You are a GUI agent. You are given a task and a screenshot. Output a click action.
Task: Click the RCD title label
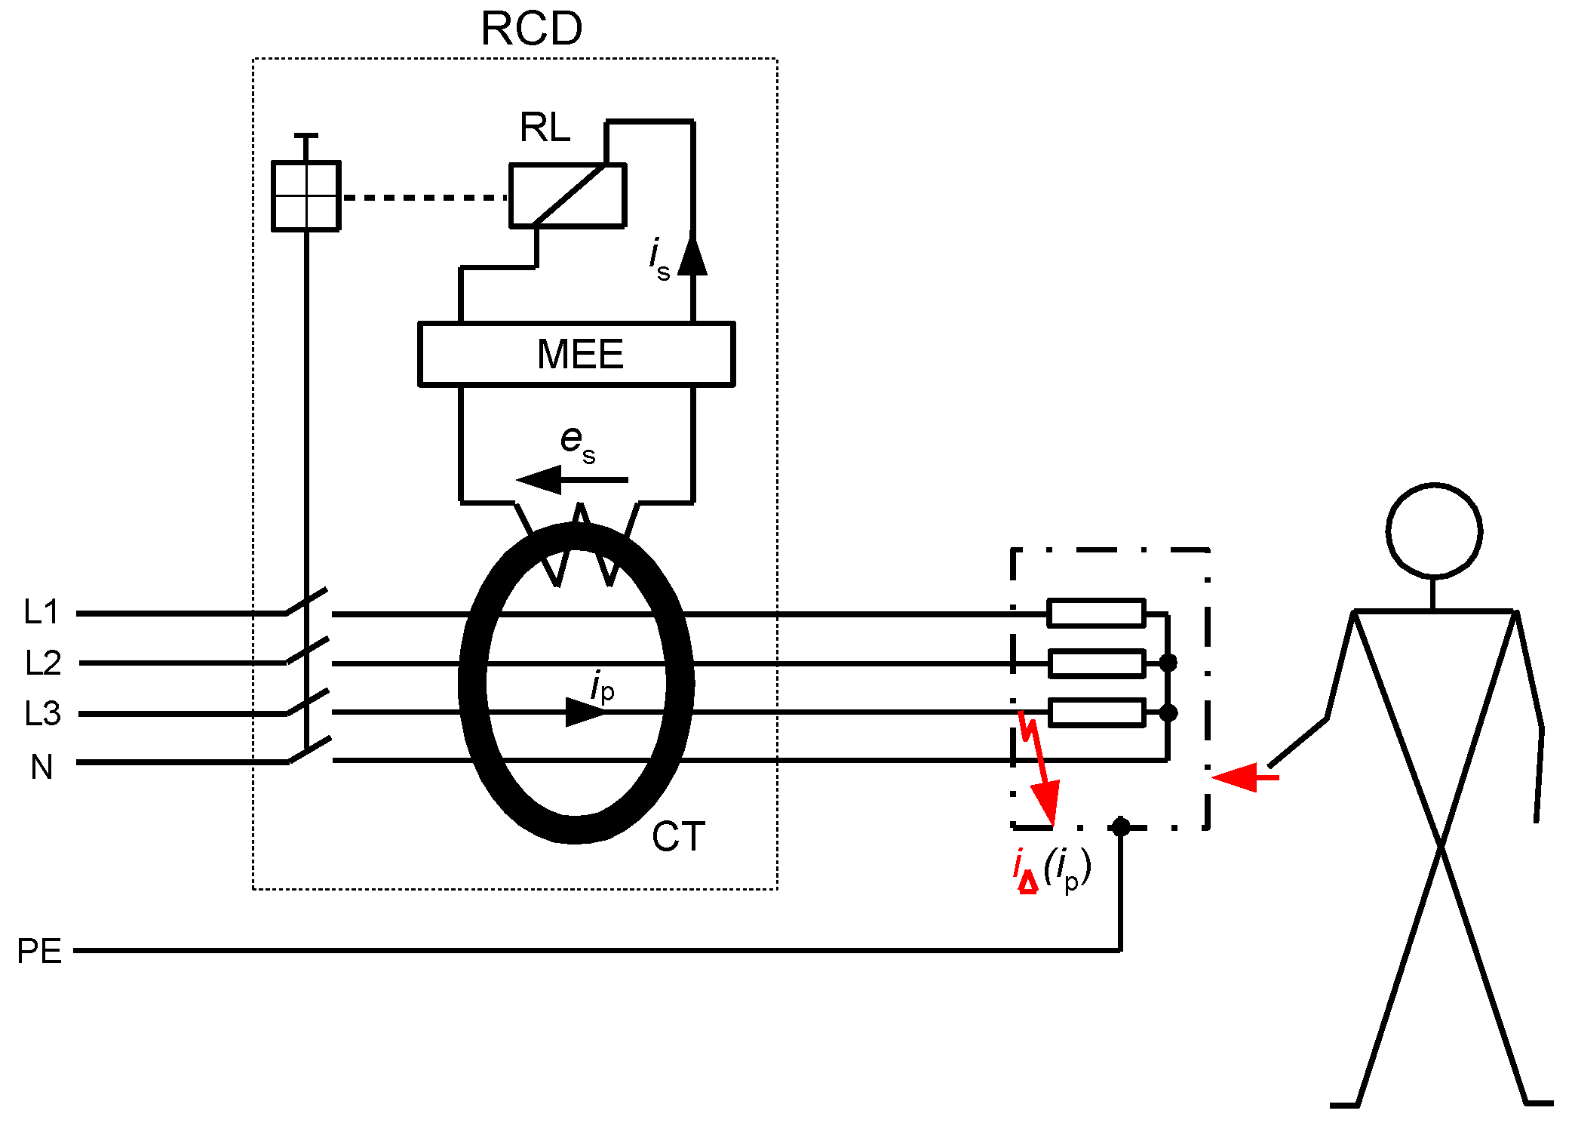point(531,29)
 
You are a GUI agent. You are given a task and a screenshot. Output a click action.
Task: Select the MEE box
point(576,354)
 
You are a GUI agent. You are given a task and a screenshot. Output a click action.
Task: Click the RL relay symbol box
point(567,195)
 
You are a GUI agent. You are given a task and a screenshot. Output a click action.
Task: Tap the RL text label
point(545,128)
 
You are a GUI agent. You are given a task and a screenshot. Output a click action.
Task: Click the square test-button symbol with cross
point(305,195)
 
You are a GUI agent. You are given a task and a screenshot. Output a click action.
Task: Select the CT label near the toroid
point(677,837)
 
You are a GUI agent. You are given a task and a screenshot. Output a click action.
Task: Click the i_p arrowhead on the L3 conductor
point(585,712)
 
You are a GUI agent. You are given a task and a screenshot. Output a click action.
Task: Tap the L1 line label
point(41,612)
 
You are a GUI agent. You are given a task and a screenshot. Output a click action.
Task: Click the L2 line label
point(43,663)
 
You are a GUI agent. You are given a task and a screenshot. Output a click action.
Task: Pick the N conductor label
point(41,767)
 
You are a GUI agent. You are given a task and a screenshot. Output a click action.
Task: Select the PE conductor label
point(39,951)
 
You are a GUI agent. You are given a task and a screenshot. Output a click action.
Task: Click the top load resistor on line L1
point(1096,613)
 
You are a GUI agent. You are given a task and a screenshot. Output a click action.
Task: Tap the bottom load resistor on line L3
point(1097,712)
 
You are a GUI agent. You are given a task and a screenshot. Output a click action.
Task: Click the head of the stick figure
point(1433,531)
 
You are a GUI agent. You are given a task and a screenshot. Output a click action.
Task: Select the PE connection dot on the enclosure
point(1121,826)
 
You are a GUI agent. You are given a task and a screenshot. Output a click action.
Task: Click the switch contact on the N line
point(309,750)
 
